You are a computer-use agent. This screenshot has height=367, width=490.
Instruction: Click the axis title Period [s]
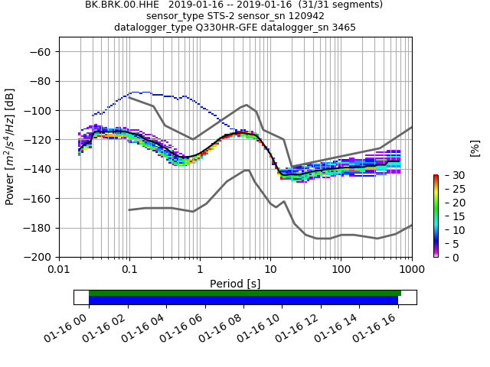[235, 284]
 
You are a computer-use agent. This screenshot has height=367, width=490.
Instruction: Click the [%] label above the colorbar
[475, 148]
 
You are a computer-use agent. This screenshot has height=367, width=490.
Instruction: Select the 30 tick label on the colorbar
[452, 175]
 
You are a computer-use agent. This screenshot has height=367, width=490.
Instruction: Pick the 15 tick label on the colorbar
[452, 216]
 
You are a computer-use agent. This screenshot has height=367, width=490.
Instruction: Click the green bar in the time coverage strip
[245, 293]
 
